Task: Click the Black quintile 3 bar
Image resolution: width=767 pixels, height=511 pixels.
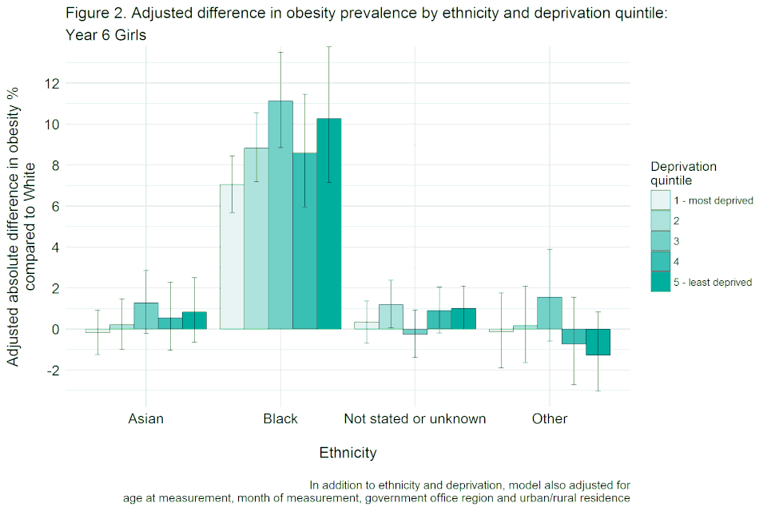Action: (280, 215)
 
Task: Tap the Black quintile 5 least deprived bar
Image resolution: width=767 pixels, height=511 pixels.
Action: (329, 224)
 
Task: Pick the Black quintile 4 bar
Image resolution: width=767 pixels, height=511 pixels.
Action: (304, 240)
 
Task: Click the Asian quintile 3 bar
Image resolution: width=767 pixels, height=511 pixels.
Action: (145, 315)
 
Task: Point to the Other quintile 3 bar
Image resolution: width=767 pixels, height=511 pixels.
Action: (550, 313)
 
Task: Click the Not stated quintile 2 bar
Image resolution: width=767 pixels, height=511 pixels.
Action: (391, 316)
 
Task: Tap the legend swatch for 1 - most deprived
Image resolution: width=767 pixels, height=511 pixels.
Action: (661, 200)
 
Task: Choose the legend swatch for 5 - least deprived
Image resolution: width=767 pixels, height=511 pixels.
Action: (661, 282)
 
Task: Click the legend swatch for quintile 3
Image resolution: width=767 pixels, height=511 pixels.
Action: (661, 241)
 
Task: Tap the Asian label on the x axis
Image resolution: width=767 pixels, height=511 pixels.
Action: (145, 418)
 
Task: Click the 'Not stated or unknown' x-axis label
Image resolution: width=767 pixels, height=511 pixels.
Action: (415, 418)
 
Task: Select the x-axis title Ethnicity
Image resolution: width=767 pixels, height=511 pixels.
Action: (348, 453)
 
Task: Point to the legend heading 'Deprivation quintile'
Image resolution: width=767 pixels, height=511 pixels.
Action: (683, 173)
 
